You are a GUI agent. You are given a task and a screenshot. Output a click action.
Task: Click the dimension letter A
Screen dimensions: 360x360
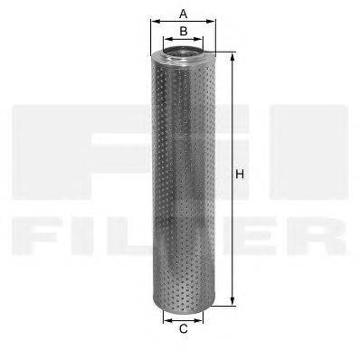[x=183, y=13]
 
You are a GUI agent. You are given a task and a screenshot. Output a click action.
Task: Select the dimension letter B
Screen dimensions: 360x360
[x=183, y=32]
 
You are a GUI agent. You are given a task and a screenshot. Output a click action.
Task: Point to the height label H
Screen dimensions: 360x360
[x=241, y=174]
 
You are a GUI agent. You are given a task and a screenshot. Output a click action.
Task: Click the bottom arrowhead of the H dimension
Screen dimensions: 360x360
[x=232, y=302]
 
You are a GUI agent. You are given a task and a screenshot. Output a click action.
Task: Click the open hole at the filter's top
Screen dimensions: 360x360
[x=184, y=57]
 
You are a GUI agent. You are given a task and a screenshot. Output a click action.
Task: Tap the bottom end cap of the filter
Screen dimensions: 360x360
[x=184, y=303]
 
